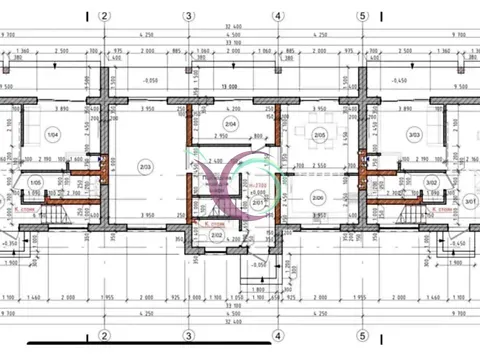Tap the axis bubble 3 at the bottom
(x=188, y=335)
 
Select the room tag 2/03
(x=145, y=167)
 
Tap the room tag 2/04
(x=231, y=124)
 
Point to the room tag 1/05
(x=36, y=182)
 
